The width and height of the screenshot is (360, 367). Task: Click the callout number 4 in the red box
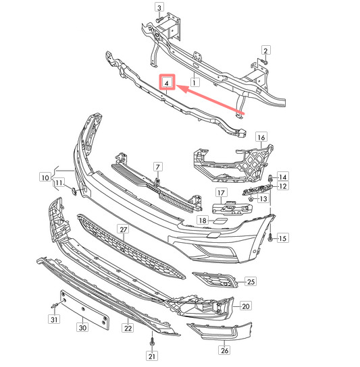(x=167, y=83)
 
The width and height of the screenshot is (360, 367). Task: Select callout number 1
(x=195, y=82)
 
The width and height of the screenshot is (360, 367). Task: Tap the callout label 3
(x=159, y=7)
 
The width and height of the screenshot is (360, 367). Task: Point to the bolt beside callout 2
(x=265, y=62)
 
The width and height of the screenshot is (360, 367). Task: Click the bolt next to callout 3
(x=159, y=20)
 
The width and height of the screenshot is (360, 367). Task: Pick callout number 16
(x=261, y=138)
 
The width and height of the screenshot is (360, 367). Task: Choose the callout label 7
(x=158, y=167)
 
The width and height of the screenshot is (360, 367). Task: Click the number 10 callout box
(x=45, y=177)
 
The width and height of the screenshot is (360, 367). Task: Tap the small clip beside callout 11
(x=74, y=192)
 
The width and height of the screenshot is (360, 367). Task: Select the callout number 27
(x=124, y=229)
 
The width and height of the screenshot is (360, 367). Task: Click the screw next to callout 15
(x=270, y=239)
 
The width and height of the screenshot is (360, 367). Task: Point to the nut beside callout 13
(x=251, y=199)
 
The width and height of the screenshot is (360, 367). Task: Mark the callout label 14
(x=283, y=177)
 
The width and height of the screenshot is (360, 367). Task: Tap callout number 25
(x=251, y=281)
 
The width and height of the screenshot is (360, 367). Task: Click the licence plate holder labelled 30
(x=85, y=310)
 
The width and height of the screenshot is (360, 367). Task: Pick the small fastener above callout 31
(x=55, y=304)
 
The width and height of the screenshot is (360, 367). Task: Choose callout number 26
(x=224, y=350)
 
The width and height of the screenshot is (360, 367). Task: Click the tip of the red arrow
(x=176, y=86)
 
